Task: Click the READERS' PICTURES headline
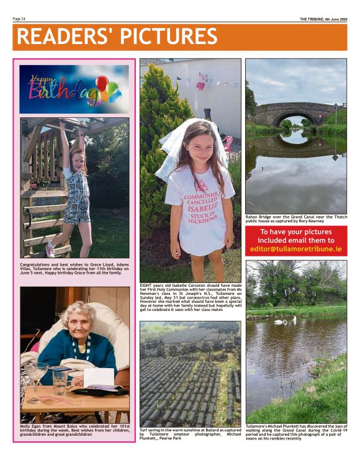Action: tap(117, 37)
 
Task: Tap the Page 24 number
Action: tap(19, 19)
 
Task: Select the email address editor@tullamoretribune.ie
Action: tap(296, 248)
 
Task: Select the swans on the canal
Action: tap(285, 321)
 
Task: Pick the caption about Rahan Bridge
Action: tap(296, 218)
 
